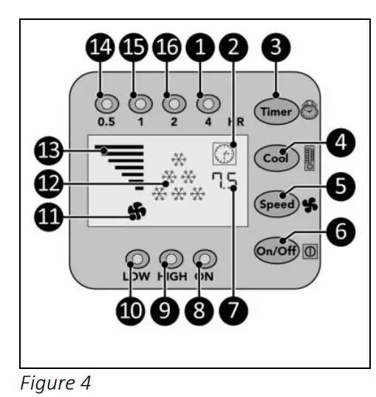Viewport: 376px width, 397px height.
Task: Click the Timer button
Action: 276,111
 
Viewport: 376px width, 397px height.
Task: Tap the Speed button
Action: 276,204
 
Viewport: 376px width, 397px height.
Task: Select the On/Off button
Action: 276,251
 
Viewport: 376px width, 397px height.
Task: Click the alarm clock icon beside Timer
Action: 310,110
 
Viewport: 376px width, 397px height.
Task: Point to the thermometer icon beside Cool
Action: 310,158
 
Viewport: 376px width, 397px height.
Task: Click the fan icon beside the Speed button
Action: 310,205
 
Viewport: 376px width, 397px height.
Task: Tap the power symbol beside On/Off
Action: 310,251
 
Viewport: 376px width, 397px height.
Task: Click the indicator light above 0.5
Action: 106,103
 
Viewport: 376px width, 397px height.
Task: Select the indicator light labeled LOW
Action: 137,259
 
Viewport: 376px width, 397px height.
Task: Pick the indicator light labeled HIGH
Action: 171,259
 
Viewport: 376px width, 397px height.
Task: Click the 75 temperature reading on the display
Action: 225,181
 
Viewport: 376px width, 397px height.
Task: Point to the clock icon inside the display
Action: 225,153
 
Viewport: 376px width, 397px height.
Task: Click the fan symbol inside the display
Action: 137,211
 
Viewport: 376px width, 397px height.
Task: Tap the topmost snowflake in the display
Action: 179,159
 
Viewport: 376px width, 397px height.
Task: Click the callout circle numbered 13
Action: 49,151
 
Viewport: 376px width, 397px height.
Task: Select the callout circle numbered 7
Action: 233,311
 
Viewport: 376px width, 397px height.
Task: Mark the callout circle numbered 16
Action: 167,47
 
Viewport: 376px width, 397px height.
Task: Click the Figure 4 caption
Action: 55,383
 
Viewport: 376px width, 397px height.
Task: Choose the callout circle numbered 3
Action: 276,47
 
